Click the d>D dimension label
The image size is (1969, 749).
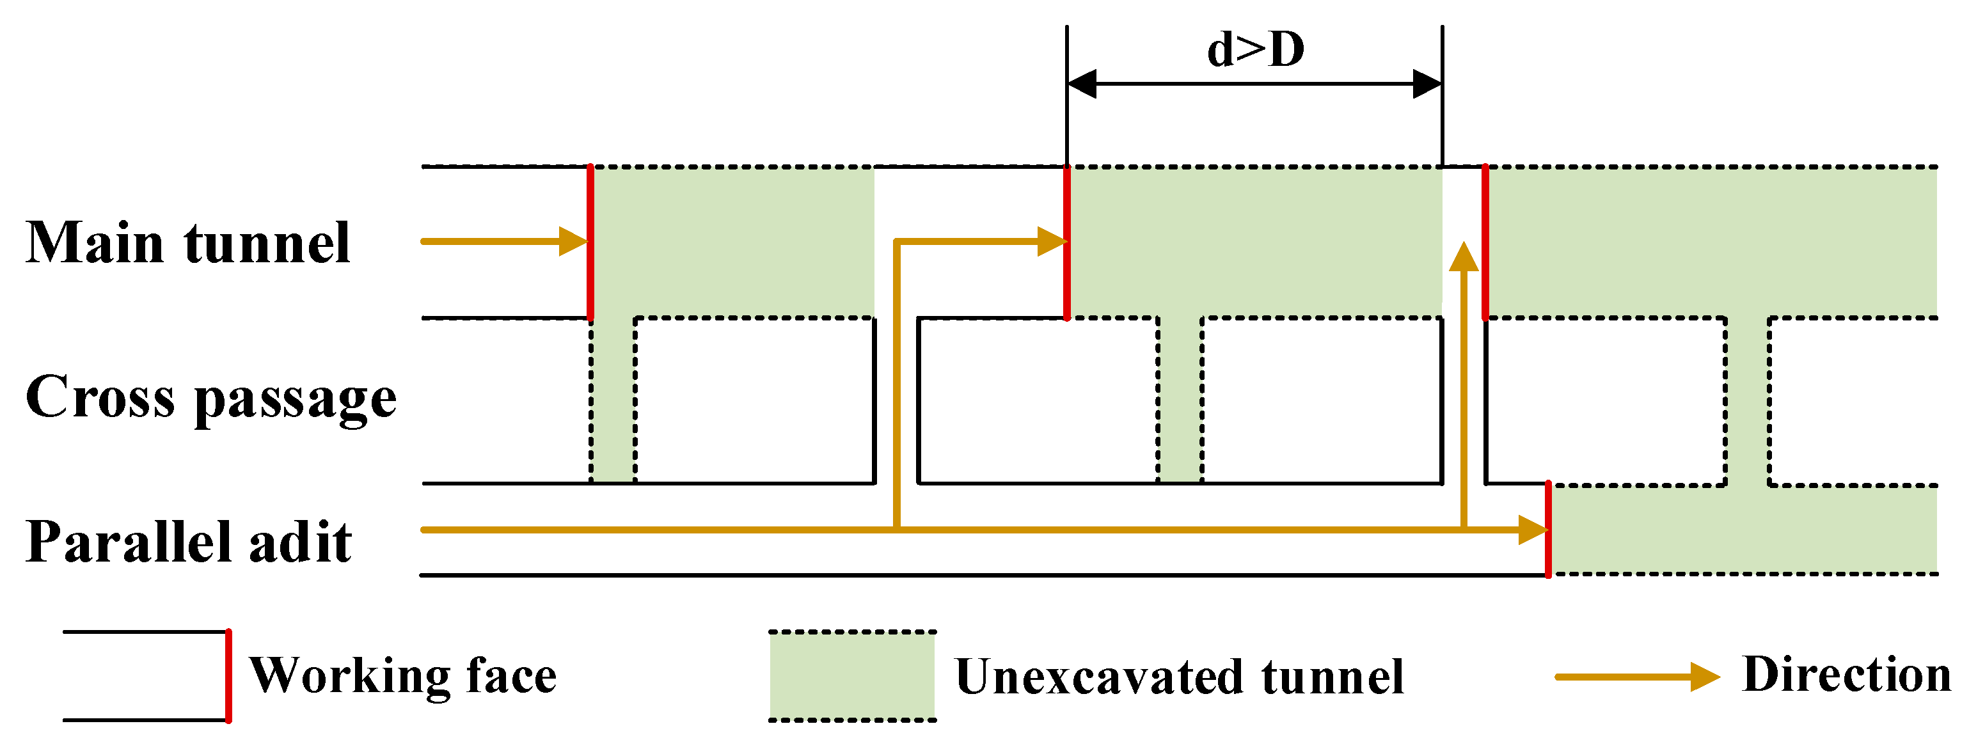coord(1255,51)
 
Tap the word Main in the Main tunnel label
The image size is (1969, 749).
coord(95,243)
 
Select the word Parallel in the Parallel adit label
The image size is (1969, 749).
coord(127,542)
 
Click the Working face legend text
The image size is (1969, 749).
coord(403,675)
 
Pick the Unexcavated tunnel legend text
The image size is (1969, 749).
coord(1180,677)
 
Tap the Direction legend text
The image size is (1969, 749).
coord(1847,675)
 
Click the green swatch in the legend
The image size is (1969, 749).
coord(851,675)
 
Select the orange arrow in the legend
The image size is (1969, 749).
coord(1636,676)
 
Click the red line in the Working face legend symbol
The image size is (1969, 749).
coord(228,675)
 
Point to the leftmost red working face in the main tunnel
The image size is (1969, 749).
coord(590,242)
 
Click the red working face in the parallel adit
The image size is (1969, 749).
coord(1548,529)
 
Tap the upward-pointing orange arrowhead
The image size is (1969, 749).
coord(1464,258)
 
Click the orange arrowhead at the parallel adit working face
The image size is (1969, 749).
coord(1532,530)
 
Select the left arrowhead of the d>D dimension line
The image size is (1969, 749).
coord(1082,84)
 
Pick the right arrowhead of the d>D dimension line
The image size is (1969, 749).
coord(1427,84)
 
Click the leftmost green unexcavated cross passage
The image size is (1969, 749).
coord(613,399)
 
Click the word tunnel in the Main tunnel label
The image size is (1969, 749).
coord(267,243)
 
